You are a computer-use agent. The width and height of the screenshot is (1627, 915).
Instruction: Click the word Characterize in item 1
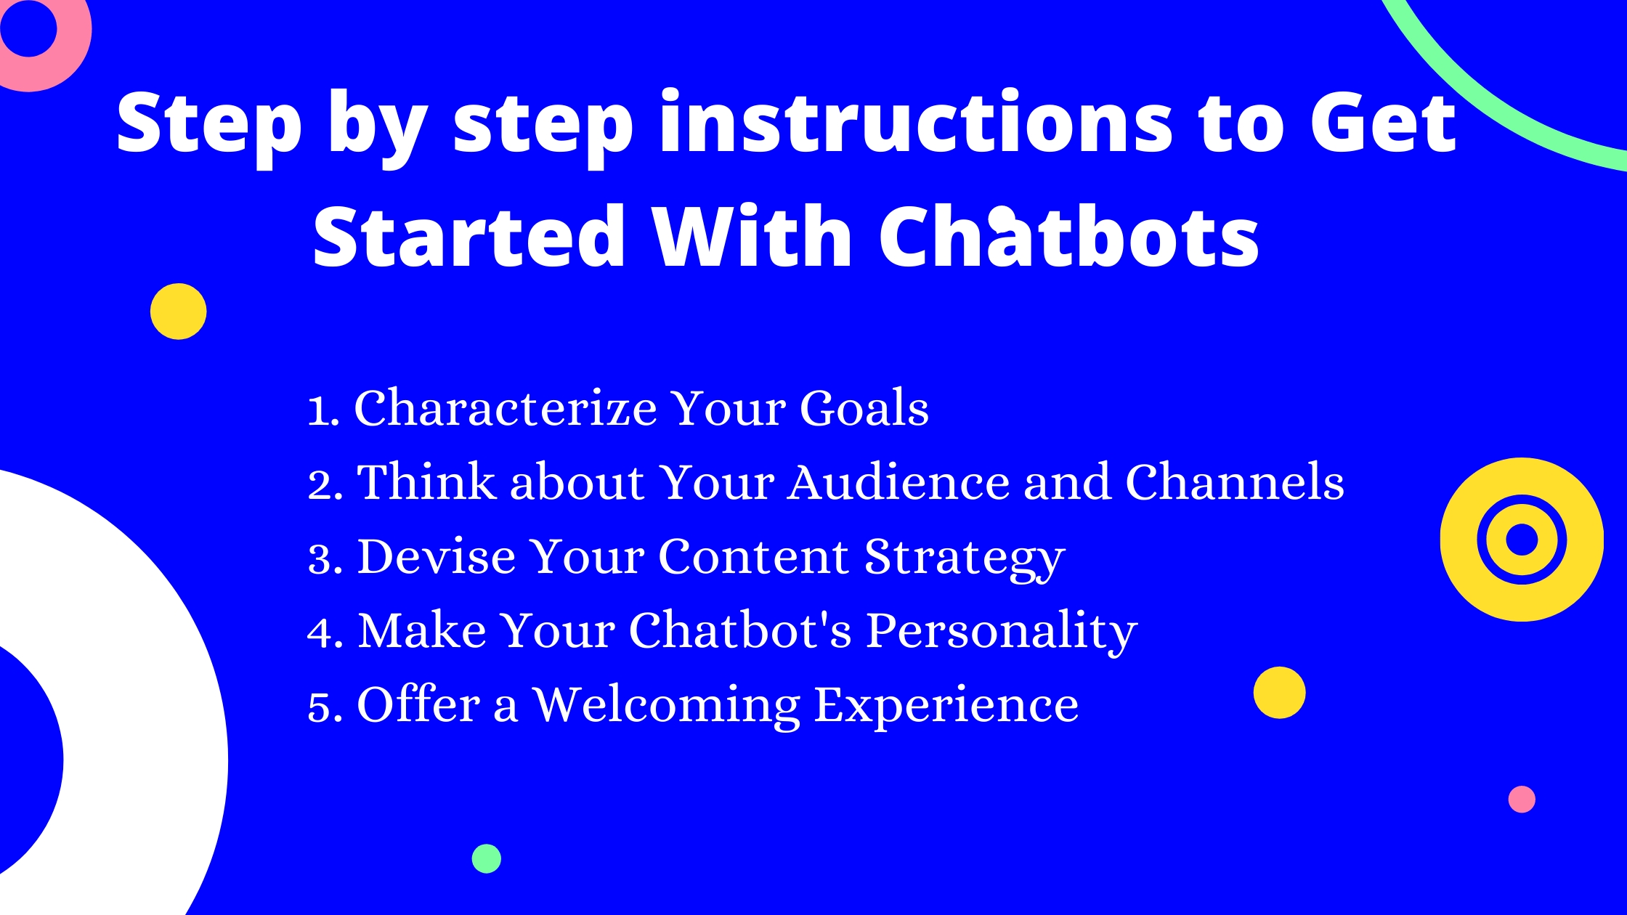[x=506, y=407]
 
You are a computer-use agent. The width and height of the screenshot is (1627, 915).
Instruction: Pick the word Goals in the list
[x=864, y=407]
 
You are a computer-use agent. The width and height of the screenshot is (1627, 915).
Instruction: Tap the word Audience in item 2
[x=899, y=481]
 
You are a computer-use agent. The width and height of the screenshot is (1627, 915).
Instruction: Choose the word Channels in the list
[x=1235, y=481]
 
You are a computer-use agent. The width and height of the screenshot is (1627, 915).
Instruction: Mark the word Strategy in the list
[x=965, y=559]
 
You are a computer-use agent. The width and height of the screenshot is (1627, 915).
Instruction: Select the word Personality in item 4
[x=1002, y=632]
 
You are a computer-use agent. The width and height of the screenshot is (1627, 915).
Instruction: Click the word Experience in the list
[x=946, y=706]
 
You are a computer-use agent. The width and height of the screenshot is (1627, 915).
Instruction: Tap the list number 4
[x=320, y=632]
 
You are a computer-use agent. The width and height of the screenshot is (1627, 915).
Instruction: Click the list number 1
[x=320, y=410]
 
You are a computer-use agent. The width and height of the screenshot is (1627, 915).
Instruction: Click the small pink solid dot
[x=1522, y=800]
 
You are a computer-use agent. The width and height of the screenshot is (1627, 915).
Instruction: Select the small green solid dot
[x=487, y=859]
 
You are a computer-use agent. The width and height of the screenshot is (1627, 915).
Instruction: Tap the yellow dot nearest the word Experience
[x=1280, y=693]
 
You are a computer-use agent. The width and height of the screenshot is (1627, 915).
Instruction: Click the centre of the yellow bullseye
[x=1522, y=540]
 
